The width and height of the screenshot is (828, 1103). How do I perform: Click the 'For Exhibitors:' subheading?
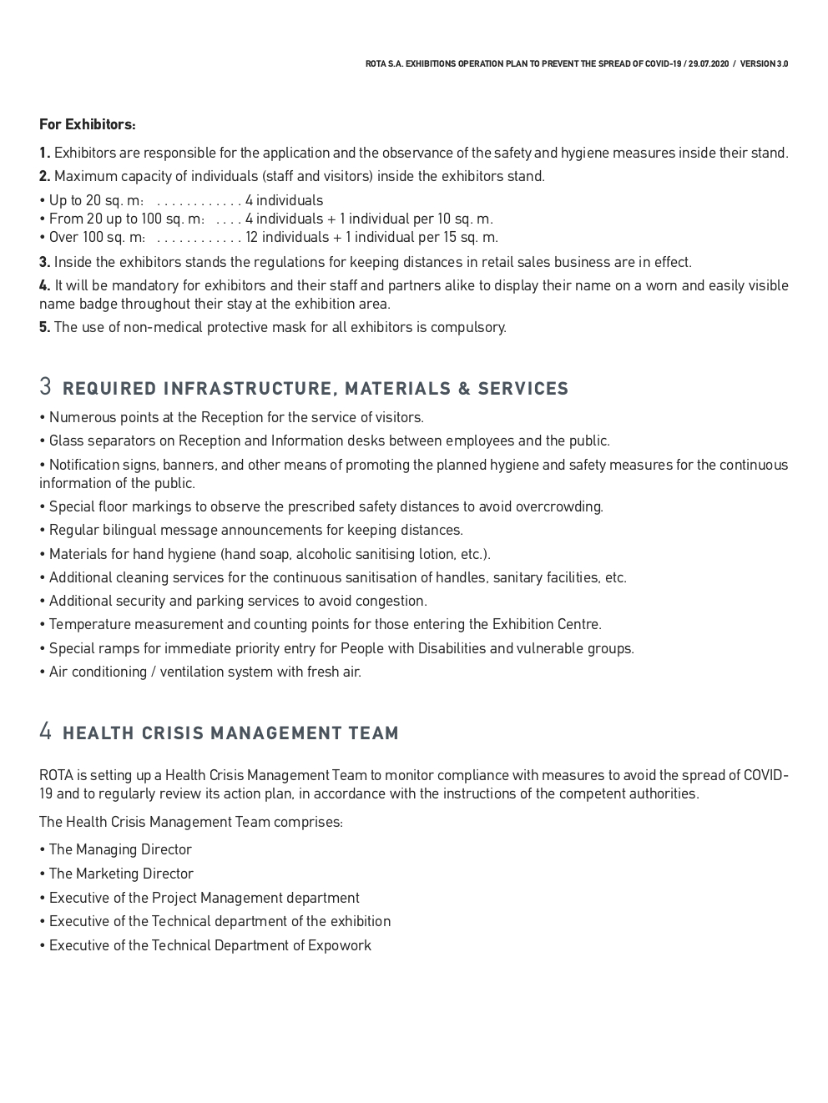pyautogui.click(x=88, y=124)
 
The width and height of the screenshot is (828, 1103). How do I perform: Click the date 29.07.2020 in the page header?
pyautogui.click(x=708, y=64)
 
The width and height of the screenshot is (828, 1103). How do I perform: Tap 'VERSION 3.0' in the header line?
pyautogui.click(x=764, y=64)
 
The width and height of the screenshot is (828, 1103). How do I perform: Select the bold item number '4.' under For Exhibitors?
pyautogui.click(x=45, y=285)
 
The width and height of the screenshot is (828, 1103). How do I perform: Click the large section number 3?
pyautogui.click(x=46, y=387)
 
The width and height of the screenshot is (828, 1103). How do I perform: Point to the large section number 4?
pyautogui.click(x=46, y=732)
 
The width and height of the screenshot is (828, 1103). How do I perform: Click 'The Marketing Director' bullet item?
pyautogui.click(x=121, y=874)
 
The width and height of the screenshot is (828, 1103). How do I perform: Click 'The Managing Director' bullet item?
pyautogui.click(x=120, y=849)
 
